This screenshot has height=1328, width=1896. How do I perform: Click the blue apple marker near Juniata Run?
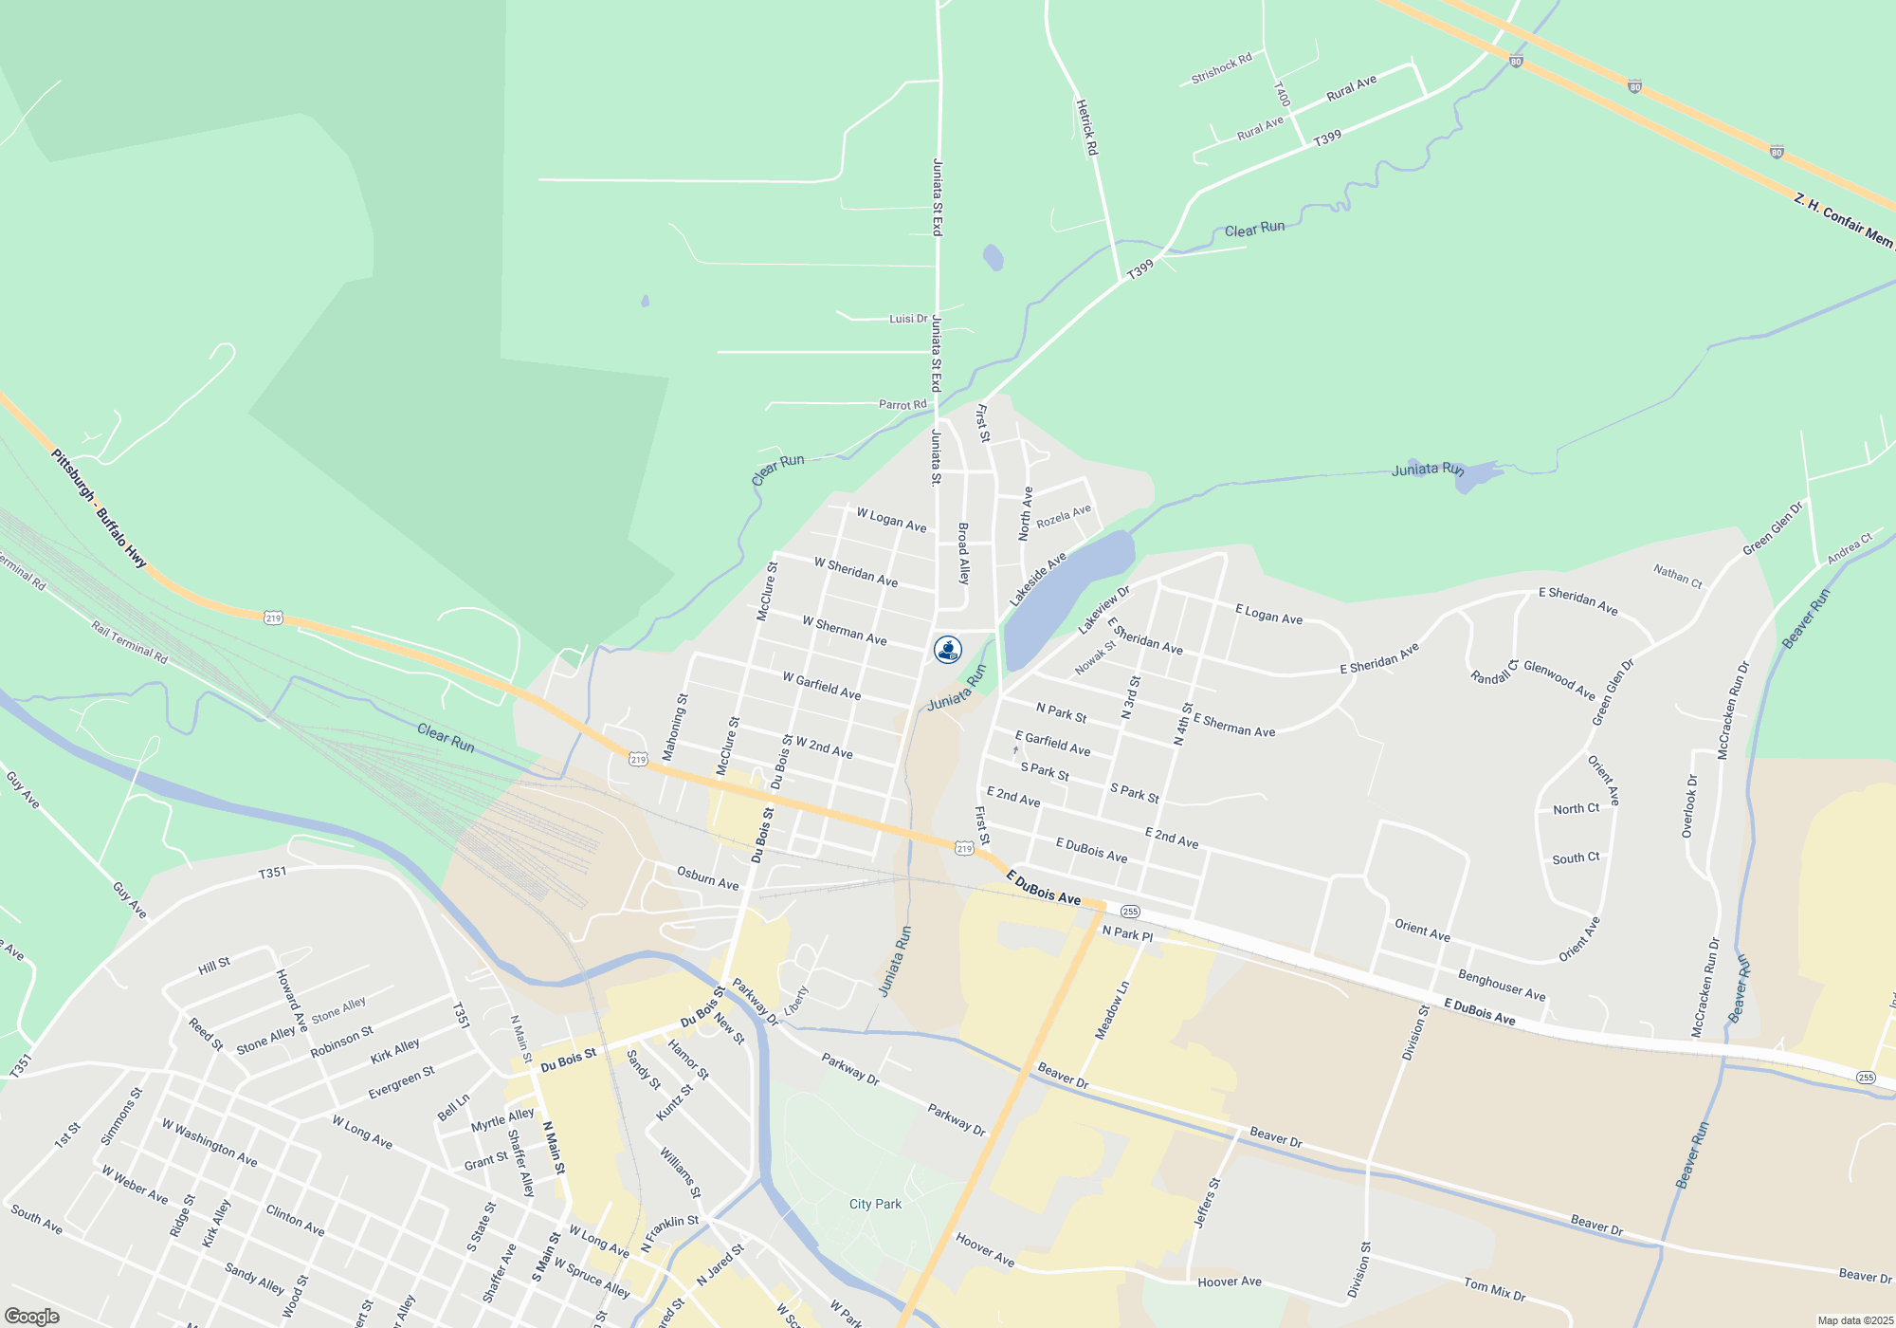(x=948, y=650)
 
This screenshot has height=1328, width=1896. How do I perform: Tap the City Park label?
(x=875, y=1204)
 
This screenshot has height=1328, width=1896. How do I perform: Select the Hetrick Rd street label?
(x=1086, y=127)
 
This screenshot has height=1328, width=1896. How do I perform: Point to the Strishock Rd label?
(x=1221, y=68)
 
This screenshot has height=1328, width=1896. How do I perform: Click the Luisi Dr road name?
(x=908, y=319)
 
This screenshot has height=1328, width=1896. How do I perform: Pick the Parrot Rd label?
(x=902, y=405)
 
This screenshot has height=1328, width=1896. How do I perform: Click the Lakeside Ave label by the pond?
(x=1037, y=580)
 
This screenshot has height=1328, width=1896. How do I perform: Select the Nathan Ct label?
(x=1677, y=576)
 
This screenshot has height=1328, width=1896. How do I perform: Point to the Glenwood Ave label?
(x=1559, y=680)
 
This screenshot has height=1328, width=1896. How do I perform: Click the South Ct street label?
(x=1576, y=858)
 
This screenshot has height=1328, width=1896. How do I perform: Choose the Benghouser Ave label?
(x=1502, y=986)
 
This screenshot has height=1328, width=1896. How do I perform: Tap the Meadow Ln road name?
(x=1113, y=1011)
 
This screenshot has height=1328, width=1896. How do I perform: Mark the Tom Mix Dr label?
(x=1494, y=1289)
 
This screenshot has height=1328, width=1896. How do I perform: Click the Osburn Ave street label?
(x=707, y=877)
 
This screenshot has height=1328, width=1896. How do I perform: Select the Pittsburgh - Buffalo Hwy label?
(x=99, y=508)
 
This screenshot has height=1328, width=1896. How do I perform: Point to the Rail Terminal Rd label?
(x=129, y=641)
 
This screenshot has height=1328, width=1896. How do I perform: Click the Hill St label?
(x=214, y=966)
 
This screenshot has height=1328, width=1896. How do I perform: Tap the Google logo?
(x=32, y=1317)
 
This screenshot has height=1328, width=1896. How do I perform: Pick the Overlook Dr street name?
(x=1689, y=806)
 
